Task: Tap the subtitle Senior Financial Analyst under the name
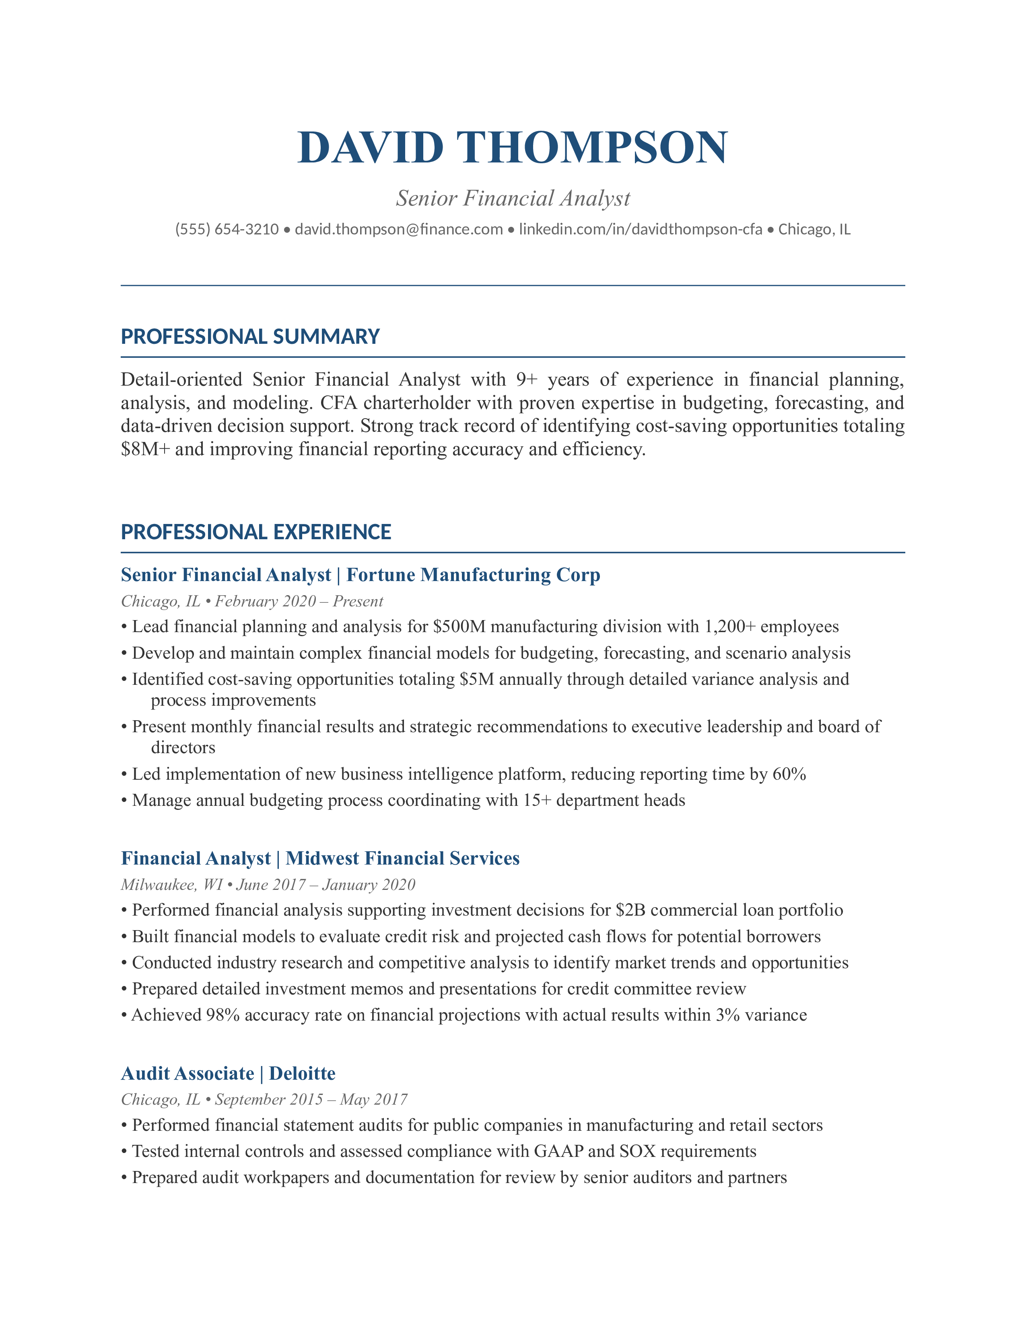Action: point(513,198)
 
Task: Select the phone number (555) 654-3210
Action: point(227,230)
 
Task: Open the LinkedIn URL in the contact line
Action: point(640,230)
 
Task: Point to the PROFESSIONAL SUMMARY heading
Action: point(250,337)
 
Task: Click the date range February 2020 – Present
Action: point(299,602)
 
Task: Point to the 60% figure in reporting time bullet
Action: point(789,774)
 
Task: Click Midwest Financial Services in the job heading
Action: point(402,859)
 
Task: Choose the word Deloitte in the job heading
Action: point(302,1074)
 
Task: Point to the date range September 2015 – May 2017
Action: point(311,1100)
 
